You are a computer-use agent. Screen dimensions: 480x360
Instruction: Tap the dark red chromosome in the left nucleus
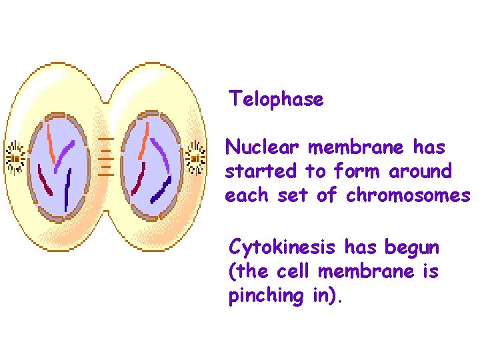click(45, 181)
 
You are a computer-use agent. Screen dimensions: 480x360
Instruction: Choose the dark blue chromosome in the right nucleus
click(161, 190)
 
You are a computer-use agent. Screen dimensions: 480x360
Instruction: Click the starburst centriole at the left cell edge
click(15, 157)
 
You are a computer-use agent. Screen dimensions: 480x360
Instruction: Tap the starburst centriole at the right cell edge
click(195, 157)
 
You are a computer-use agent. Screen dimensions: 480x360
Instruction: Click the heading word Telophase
click(276, 99)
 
